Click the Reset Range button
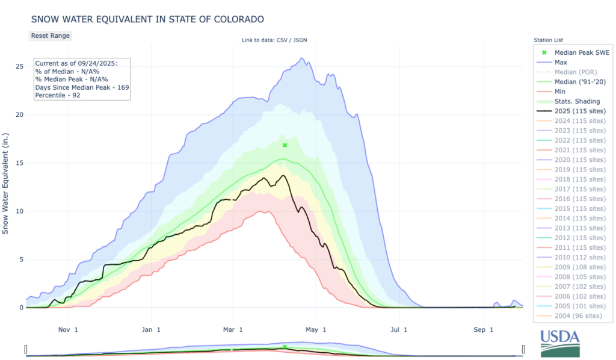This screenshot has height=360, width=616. [x=51, y=36]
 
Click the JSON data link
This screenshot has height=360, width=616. [x=303, y=40]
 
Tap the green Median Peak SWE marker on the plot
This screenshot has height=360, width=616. [x=285, y=145]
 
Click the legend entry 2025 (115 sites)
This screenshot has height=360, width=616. [x=579, y=111]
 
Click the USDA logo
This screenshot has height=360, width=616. [x=561, y=343]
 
